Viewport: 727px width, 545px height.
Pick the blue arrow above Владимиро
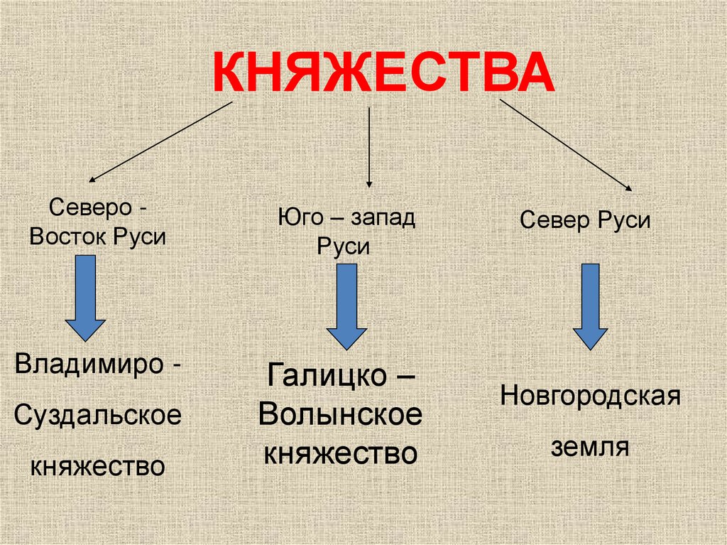(x=85, y=298)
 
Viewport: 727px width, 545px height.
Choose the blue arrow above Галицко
(x=346, y=306)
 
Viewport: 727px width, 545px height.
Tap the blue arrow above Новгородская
(x=590, y=306)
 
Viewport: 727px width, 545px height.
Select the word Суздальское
(x=98, y=416)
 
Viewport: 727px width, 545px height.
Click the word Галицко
(x=326, y=376)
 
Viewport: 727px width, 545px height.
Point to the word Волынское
(x=340, y=416)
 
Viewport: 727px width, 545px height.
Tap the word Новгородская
(x=591, y=394)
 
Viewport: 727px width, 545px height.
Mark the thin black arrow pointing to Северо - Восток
(x=160, y=141)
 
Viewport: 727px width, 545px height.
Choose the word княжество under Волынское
(x=340, y=453)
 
